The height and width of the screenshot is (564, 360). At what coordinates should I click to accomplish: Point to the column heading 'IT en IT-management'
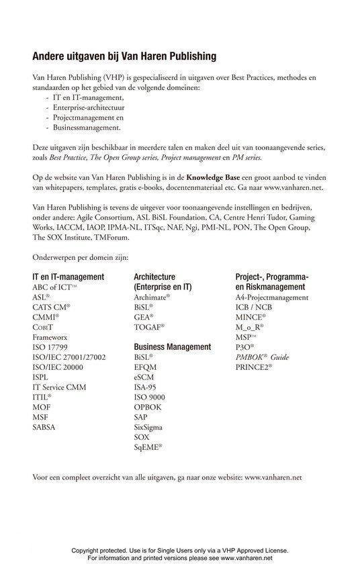point(68,277)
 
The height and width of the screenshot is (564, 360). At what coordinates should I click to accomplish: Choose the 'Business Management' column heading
point(173,346)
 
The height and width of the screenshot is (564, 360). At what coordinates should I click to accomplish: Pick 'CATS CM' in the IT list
point(51,307)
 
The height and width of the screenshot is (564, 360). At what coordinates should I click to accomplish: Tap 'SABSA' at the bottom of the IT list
point(46,426)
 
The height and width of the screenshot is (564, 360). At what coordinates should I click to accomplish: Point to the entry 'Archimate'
point(152,297)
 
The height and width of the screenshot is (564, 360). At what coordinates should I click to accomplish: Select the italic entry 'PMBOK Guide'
point(262,357)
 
